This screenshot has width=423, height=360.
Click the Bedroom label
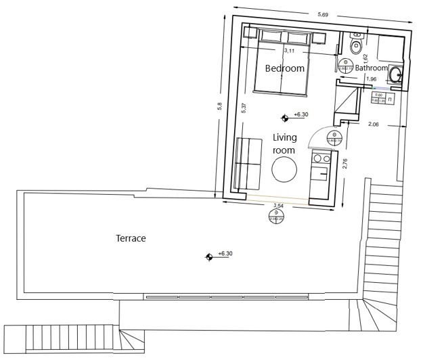(x=284, y=68)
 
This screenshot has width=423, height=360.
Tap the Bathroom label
(x=371, y=68)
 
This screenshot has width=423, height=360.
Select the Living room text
(x=284, y=143)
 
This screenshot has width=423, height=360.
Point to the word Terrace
(x=131, y=238)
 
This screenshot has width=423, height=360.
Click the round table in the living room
(x=284, y=169)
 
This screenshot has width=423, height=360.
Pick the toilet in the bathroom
(x=356, y=45)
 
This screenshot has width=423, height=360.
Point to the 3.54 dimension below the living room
(x=277, y=205)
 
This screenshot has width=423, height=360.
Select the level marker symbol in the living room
(x=285, y=117)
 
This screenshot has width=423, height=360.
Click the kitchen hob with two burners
(x=321, y=159)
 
